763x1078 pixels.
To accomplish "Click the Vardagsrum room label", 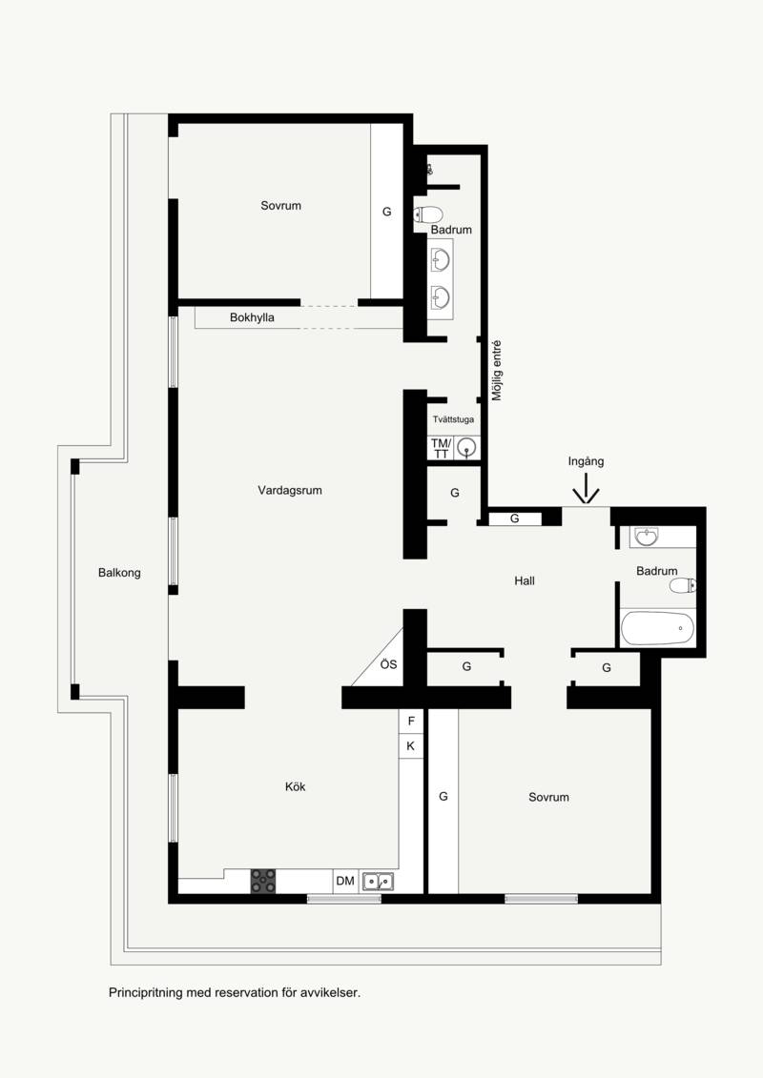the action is click(x=290, y=490).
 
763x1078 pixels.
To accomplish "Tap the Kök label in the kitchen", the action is click(x=295, y=786).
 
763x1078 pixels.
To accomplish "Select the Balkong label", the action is click(x=119, y=573).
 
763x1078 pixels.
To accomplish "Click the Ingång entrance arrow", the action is click(x=586, y=489).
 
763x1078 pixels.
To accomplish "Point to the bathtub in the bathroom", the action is click(x=657, y=628).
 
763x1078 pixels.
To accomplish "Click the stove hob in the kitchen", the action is click(x=263, y=882).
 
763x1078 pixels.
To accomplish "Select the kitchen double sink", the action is click(x=378, y=882).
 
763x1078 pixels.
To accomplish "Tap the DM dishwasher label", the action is click(x=345, y=881).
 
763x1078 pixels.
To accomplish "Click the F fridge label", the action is click(x=411, y=722).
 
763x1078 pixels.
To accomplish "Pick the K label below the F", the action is click(x=411, y=746).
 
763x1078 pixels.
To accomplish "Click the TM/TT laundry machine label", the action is click(x=441, y=448).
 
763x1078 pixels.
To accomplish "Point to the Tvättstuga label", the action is click(x=453, y=419).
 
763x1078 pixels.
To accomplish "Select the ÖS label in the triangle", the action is click(x=389, y=664).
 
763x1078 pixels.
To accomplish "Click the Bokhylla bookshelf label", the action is click(x=252, y=317).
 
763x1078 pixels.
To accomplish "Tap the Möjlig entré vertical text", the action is click(x=497, y=371).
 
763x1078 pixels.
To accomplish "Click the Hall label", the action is click(x=525, y=580).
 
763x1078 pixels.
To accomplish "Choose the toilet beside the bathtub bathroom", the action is click(x=683, y=585).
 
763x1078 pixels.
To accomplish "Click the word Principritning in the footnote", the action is click(x=146, y=993).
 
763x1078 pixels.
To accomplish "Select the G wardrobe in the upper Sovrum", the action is click(x=386, y=212).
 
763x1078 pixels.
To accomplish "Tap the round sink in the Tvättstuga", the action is click(x=466, y=449).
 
